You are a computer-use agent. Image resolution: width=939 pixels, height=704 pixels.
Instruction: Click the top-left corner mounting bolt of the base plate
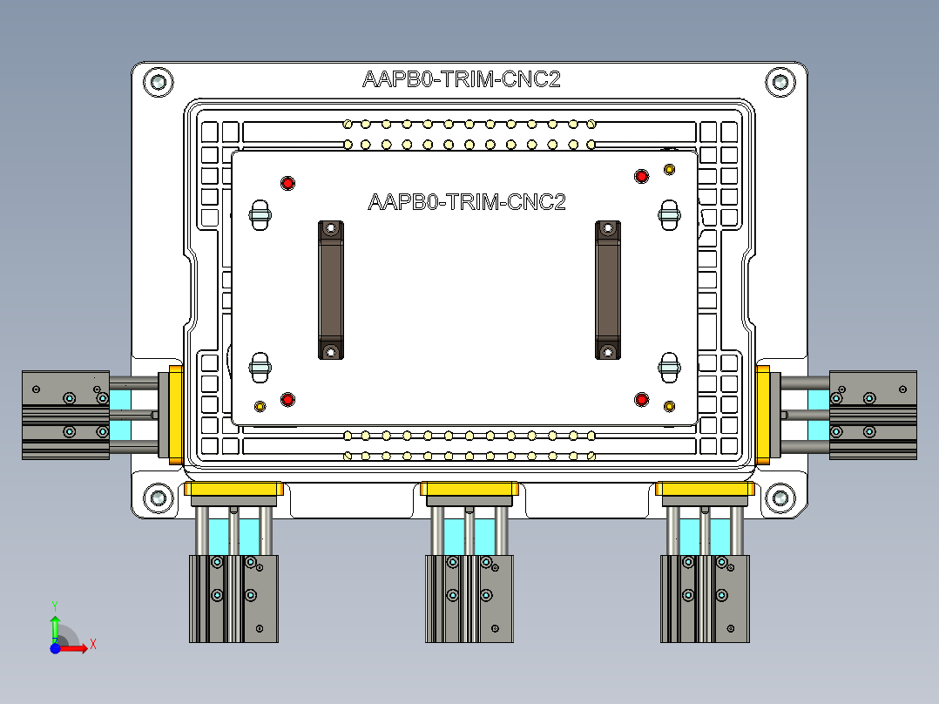click(x=159, y=82)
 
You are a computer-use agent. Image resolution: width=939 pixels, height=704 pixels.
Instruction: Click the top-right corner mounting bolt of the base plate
click(x=780, y=82)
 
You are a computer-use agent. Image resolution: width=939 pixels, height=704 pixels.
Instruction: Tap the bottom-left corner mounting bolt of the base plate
click(x=159, y=498)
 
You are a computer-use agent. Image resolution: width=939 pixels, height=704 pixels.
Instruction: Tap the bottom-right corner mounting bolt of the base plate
click(x=780, y=498)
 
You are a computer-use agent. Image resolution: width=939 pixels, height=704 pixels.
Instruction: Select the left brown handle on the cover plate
click(x=330, y=289)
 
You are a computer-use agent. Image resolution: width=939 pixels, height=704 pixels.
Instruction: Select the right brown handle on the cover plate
click(x=607, y=289)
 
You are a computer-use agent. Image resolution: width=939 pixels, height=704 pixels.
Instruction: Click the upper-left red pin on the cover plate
click(x=287, y=183)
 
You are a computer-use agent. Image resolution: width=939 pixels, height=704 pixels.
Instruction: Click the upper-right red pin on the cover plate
click(x=642, y=177)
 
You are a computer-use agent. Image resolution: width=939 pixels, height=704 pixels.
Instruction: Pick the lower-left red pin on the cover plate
click(x=287, y=399)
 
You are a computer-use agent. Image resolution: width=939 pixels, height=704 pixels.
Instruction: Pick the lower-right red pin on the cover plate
click(x=642, y=399)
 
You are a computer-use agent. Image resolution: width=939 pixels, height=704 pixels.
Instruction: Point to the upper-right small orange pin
click(x=669, y=168)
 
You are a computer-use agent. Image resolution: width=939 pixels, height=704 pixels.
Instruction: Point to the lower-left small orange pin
click(x=260, y=406)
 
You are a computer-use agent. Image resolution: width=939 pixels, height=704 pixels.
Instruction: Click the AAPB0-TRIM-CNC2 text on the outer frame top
click(x=461, y=79)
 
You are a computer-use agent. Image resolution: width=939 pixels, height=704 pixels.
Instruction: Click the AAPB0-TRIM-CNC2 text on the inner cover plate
click(x=467, y=202)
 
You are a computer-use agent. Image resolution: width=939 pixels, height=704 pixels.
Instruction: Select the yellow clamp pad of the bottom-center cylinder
click(x=469, y=492)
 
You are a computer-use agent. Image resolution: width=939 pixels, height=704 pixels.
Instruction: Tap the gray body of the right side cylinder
click(x=874, y=415)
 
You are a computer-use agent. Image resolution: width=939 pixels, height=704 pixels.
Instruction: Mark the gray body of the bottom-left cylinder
click(x=233, y=599)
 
